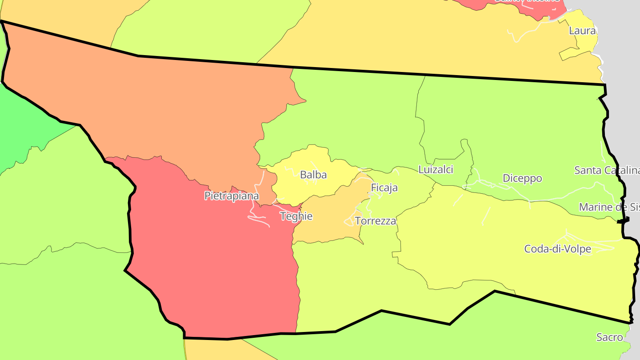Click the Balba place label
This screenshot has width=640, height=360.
pos(313,175)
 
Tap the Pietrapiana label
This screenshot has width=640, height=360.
pos(232,196)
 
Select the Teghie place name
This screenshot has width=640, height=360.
pos(296,216)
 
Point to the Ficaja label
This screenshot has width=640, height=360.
pos(384,188)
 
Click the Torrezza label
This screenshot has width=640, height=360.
pos(376,221)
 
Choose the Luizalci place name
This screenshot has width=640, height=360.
pos(436,169)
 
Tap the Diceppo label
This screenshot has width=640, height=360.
pos(522,178)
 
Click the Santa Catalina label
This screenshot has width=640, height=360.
pos(607,170)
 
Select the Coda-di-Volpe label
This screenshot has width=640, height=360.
pos(558,249)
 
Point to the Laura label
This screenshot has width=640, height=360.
pos(582,31)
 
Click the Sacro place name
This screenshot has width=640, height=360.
pos(610,337)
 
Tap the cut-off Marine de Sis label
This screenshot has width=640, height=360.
pos(609,207)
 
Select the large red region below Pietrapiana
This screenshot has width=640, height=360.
pos(213,267)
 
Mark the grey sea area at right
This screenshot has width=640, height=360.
pos(627,111)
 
